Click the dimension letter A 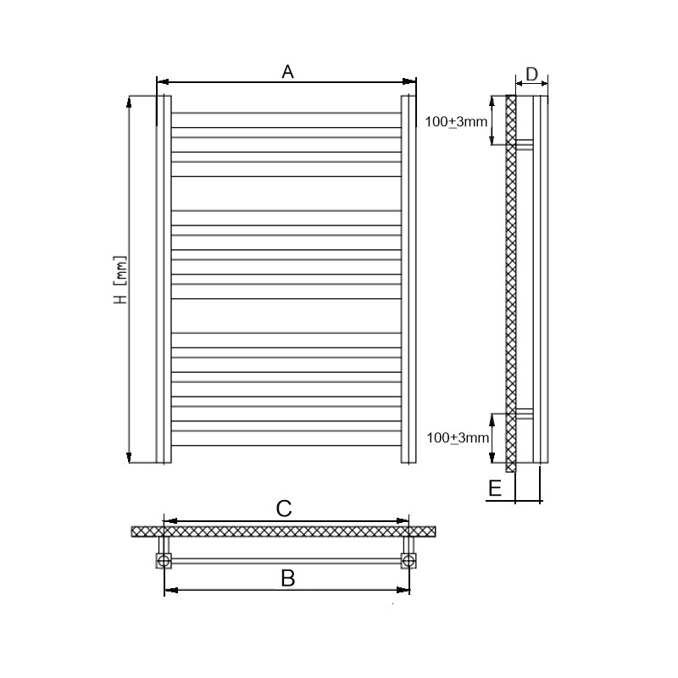(287, 72)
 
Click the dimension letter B (288, 578)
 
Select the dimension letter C (284, 508)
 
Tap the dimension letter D (531, 74)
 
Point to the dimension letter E (495, 488)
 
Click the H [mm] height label (121, 280)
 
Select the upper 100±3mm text (456, 122)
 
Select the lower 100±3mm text (458, 438)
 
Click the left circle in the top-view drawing (164, 561)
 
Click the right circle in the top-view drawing (408, 561)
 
